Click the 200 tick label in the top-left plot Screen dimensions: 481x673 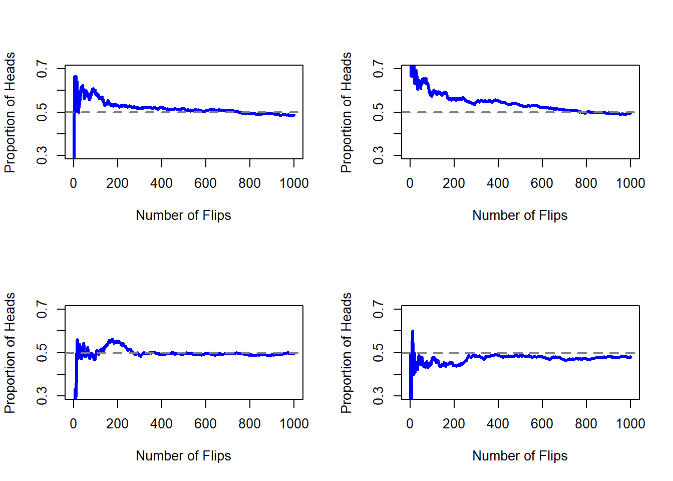tap(117, 183)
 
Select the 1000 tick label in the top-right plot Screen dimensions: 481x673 tap(630, 183)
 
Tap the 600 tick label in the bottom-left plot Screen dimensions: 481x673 tap(205, 424)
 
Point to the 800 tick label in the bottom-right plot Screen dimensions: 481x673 tap(586, 424)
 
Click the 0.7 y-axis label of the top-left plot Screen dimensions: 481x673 tap(42, 69)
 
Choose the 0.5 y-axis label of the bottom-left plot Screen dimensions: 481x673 tap(42, 352)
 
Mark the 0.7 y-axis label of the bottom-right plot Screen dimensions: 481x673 tap(379, 309)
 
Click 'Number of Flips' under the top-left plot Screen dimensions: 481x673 tap(183, 215)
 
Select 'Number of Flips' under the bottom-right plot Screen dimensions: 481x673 tap(520, 456)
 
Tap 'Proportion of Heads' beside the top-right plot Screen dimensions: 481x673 tap(346, 112)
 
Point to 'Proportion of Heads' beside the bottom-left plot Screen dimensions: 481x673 tap(10, 353)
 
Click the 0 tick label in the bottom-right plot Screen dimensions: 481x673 tap(410, 424)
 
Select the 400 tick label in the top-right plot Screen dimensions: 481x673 tap(498, 183)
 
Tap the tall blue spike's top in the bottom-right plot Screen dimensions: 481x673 tap(413, 331)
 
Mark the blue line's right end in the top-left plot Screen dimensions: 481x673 tap(294, 115)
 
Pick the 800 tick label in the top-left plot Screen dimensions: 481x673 tap(249, 183)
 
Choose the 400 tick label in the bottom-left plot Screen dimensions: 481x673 tap(161, 424)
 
